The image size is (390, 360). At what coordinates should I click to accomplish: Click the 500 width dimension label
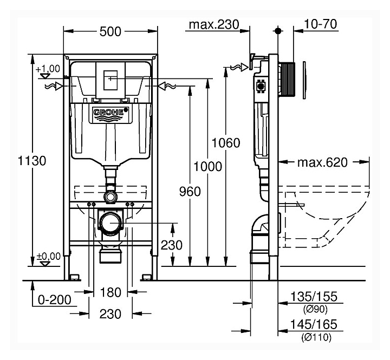[x=110, y=31]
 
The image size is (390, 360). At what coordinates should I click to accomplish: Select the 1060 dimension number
[x=226, y=143]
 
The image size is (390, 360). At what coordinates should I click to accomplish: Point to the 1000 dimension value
[x=208, y=166]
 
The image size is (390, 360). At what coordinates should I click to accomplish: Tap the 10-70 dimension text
[x=321, y=24]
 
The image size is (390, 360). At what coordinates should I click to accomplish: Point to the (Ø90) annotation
[x=314, y=309]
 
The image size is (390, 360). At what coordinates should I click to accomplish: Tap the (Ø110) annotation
[x=314, y=337]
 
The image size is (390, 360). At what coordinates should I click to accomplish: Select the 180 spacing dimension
[x=110, y=293]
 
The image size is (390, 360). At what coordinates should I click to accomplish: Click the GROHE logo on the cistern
[x=112, y=114]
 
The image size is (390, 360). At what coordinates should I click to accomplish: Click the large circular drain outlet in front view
[x=112, y=223]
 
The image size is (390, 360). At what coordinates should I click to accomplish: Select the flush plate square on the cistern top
[x=110, y=78]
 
